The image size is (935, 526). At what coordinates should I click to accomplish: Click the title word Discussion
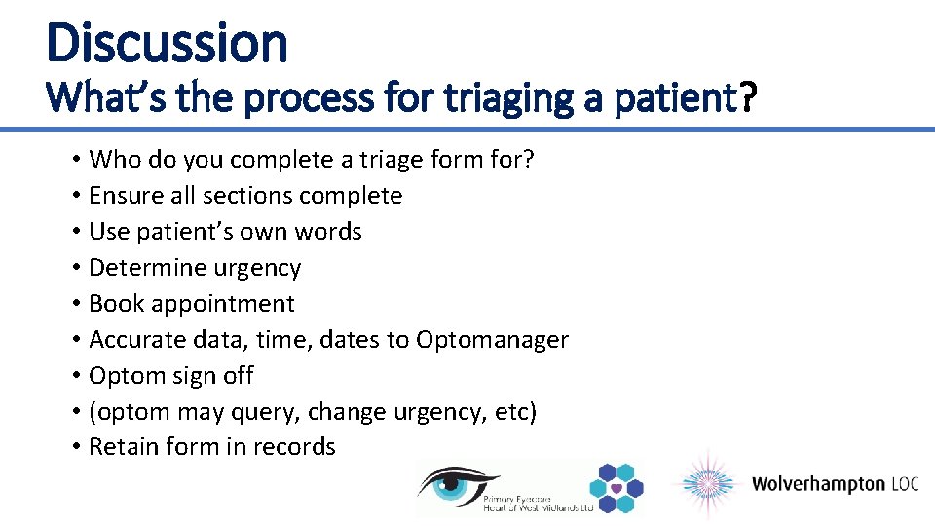167,44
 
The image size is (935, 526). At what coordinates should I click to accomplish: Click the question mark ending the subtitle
747,97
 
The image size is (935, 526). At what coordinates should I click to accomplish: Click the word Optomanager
492,340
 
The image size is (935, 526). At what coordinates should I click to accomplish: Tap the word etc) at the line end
514,412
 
